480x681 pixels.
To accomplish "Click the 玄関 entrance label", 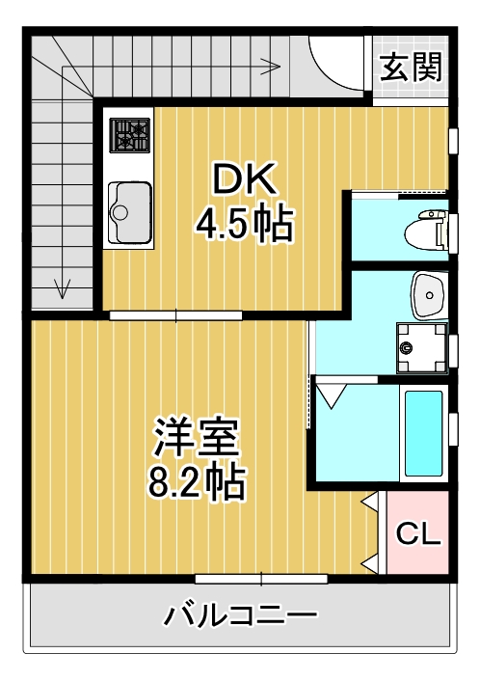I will [411, 68].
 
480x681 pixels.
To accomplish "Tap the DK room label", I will [244, 178].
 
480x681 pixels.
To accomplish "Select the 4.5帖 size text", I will [244, 224].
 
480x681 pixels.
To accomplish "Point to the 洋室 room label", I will [197, 439].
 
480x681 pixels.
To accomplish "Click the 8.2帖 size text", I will [197, 480].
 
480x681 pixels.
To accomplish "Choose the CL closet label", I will [419, 532].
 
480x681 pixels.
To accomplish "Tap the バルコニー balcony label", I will [240, 615].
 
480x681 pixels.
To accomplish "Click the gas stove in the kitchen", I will [129, 135].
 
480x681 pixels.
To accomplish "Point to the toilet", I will [425, 231].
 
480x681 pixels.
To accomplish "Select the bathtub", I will [423, 433].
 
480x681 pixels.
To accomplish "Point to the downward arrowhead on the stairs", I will [64, 286].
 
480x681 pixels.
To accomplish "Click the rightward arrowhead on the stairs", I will [274, 66].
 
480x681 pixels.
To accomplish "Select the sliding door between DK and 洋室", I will [175, 314].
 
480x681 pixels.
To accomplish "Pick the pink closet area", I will [418, 532].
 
